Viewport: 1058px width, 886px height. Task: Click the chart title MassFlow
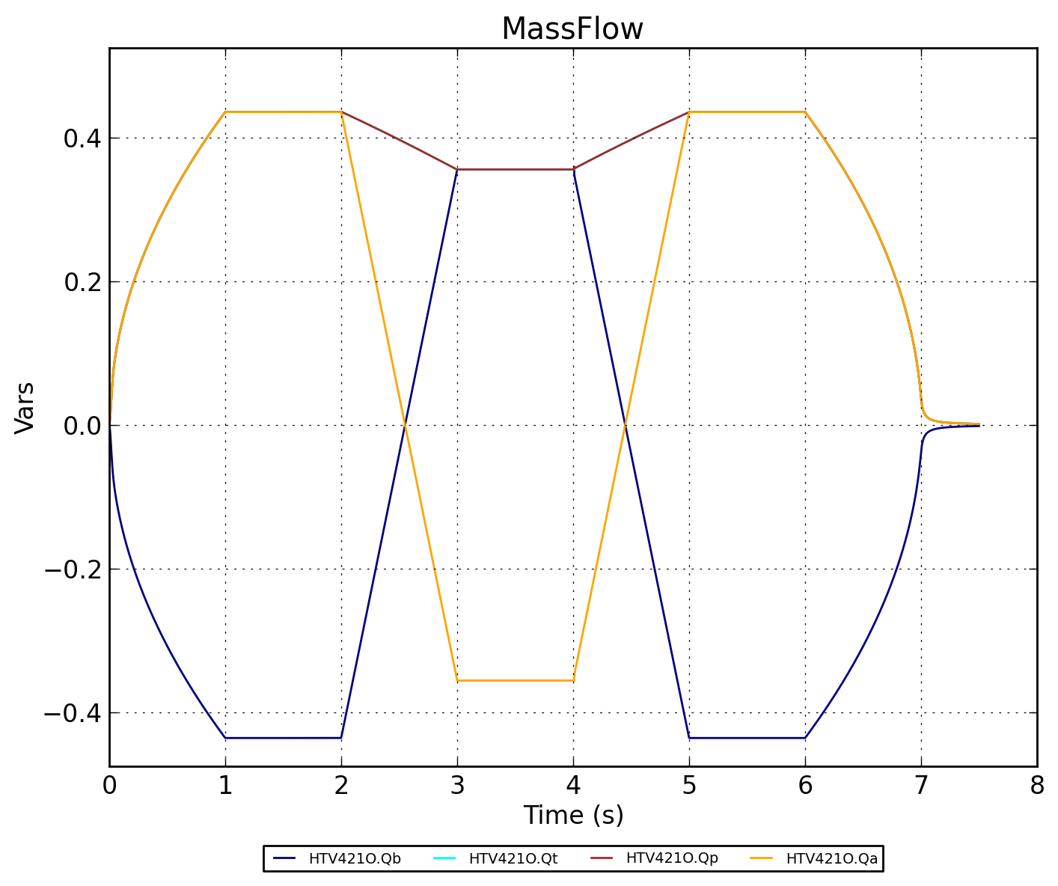click(572, 30)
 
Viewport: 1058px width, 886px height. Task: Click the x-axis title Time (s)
click(573, 815)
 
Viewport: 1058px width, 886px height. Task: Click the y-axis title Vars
click(25, 407)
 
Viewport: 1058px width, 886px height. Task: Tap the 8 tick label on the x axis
click(1037, 786)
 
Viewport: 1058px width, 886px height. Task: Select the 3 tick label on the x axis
click(457, 786)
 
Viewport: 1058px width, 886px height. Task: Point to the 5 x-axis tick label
click(689, 786)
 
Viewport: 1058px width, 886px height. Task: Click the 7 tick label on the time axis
click(921, 786)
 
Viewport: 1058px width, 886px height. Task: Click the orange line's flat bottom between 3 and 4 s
click(516, 680)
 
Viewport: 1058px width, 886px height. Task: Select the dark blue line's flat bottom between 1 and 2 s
click(284, 738)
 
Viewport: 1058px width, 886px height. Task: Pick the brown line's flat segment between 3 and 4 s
click(516, 169)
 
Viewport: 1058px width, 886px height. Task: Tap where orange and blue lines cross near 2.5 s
click(405, 425)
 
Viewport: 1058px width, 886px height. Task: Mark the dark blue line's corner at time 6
click(805, 738)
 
